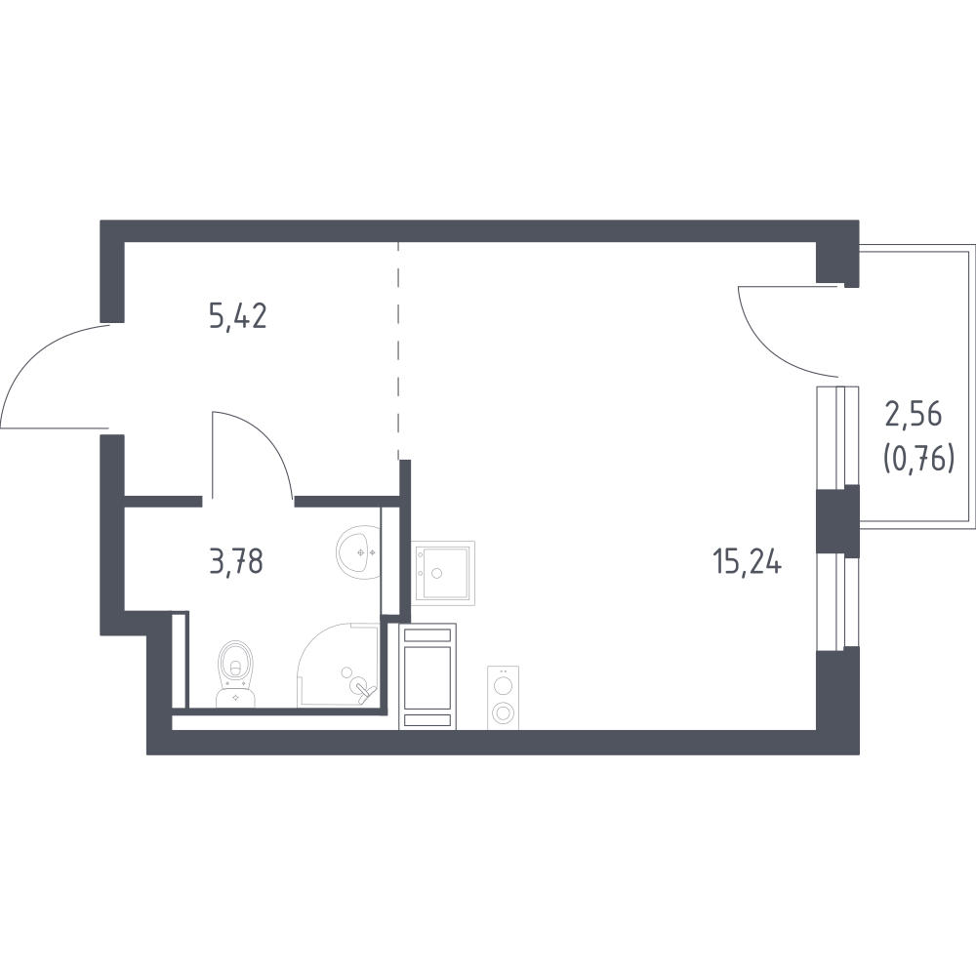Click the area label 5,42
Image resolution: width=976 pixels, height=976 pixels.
click(x=238, y=317)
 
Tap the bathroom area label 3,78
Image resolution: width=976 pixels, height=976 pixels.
click(x=236, y=561)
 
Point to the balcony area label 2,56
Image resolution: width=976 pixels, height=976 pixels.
click(x=914, y=415)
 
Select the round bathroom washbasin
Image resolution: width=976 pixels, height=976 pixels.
click(x=358, y=551)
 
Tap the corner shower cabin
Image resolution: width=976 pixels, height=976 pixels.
click(x=339, y=665)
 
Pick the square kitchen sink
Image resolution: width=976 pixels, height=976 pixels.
click(x=442, y=573)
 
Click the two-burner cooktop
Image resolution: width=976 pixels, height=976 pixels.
click(x=503, y=697)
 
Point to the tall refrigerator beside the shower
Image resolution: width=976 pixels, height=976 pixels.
click(x=427, y=676)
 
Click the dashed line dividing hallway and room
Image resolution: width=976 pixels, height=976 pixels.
click(x=398, y=351)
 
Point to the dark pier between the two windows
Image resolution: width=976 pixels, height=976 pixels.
click(x=837, y=521)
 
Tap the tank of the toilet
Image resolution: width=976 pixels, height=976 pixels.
click(x=235, y=699)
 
